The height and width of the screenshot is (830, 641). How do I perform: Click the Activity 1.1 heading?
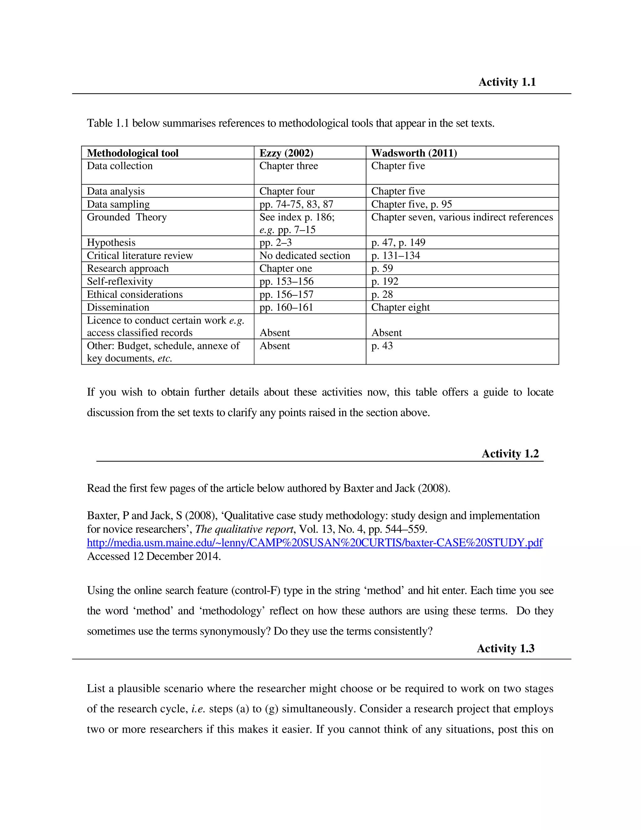pyautogui.click(x=507, y=82)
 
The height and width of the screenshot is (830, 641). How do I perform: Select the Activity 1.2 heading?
pyautogui.click(x=510, y=454)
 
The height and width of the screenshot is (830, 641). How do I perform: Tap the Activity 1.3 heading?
pyautogui.click(x=505, y=648)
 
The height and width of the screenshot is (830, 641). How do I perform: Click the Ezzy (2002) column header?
pyautogui.click(x=286, y=153)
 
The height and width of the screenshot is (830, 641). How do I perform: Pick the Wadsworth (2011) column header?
pyautogui.click(x=414, y=153)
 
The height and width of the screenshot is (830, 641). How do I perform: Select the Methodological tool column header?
pyautogui.click(x=132, y=153)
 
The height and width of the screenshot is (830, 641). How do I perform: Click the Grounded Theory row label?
pyautogui.click(x=127, y=217)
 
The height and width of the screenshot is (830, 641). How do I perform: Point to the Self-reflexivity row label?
pyautogui.click(x=120, y=281)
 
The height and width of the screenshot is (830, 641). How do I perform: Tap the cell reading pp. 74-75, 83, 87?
pyautogui.click(x=296, y=204)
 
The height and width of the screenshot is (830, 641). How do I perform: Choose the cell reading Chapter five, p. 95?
pyautogui.click(x=411, y=204)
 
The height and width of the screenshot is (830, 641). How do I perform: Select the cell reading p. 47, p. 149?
pyautogui.click(x=398, y=242)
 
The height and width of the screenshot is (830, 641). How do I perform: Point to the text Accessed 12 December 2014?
pyautogui.click(x=154, y=556)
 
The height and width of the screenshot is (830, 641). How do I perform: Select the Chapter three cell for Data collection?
pyautogui.click(x=289, y=166)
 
